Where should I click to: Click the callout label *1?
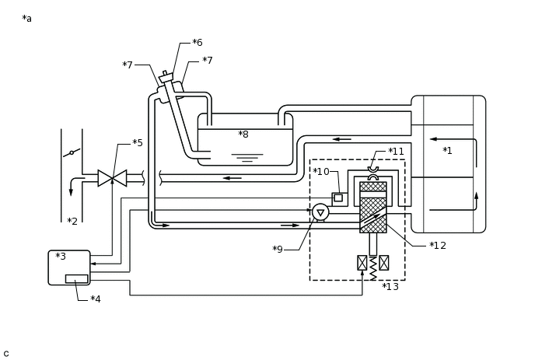[447, 151]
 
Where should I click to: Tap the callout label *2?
[72, 222]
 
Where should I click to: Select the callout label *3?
[61, 257]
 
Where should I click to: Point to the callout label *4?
[96, 299]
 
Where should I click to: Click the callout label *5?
[138, 142]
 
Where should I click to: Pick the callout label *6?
[198, 42]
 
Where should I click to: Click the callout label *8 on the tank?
[243, 135]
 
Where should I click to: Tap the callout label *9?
[278, 250]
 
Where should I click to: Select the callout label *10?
[321, 172]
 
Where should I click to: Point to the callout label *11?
[396, 151]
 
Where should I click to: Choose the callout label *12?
[438, 246]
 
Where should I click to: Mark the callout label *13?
[390, 287]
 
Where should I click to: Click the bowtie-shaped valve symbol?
[112, 178]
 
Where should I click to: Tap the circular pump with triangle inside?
[320, 212]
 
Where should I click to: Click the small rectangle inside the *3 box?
[76, 279]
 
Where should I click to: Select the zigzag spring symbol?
[373, 268]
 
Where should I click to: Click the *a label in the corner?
[27, 19]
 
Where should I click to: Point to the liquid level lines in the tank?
[247, 158]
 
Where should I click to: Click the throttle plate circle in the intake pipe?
[72, 153]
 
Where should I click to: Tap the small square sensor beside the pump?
[338, 198]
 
